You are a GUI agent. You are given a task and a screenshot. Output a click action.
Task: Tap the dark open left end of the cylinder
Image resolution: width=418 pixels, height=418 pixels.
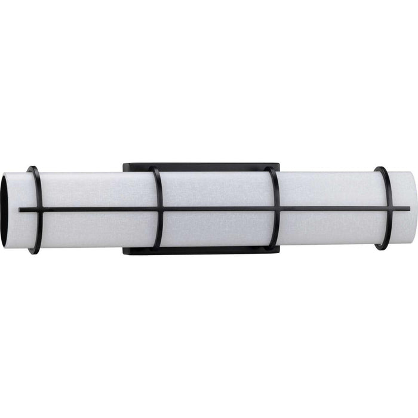click(x=10, y=210)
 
